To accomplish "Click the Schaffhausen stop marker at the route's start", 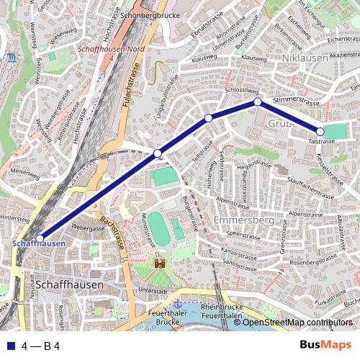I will click(40, 238).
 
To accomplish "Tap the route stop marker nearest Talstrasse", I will click(320, 131).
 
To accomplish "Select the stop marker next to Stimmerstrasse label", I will click(257, 102).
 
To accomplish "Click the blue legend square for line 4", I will click(9, 346).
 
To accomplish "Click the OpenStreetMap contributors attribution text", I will click(297, 323).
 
